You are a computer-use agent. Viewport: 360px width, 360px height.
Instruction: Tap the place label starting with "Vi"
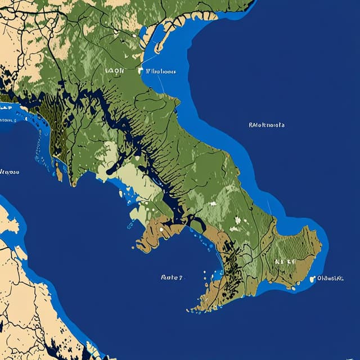[160, 72]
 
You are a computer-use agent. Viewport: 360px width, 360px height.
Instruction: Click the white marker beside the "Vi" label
[141, 71]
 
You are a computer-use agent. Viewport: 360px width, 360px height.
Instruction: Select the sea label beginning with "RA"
[266, 125]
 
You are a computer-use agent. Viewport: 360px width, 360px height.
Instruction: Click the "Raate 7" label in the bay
[172, 277]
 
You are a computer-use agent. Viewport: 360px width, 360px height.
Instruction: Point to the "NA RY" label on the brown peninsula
[285, 262]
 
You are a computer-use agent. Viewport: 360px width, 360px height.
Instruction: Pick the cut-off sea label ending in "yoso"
[9, 171]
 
